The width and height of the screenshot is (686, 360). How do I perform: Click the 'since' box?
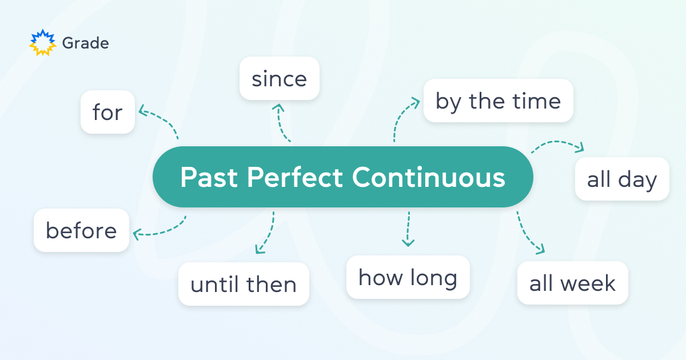click(x=279, y=78)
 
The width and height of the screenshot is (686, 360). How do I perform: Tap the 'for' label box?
click(x=107, y=112)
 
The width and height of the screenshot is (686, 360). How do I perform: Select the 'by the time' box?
click(x=498, y=101)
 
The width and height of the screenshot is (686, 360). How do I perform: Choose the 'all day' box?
click(x=621, y=179)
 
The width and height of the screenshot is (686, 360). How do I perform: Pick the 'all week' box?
click(x=572, y=283)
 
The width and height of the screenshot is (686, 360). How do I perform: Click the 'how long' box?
click(x=408, y=277)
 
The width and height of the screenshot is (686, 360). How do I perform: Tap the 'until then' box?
click(x=244, y=284)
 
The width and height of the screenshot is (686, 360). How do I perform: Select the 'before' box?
click(x=81, y=230)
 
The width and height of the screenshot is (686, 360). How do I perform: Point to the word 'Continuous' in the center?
click(x=428, y=177)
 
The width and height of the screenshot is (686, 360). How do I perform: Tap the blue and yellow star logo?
click(x=43, y=43)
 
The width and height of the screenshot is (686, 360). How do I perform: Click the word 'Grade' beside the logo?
click(x=85, y=43)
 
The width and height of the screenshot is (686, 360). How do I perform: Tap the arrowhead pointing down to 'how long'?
click(x=408, y=243)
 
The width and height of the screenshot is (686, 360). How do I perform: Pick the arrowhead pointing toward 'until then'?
click(x=259, y=250)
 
